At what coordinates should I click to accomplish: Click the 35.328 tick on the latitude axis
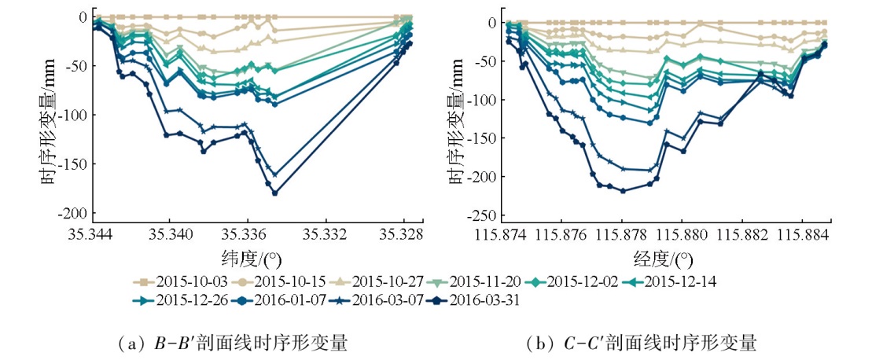(402, 234)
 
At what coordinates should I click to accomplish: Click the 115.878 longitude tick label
(624, 234)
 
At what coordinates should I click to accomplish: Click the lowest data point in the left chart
(274, 193)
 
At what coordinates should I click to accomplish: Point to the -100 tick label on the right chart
(483, 100)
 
